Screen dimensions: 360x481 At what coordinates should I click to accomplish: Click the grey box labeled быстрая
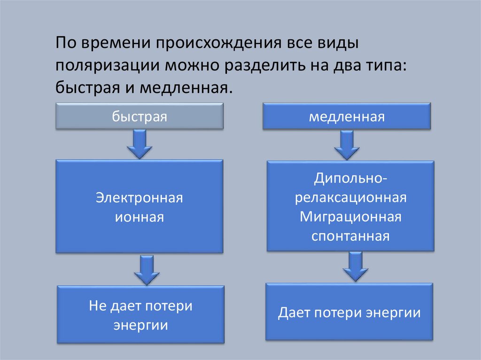[x=140, y=117]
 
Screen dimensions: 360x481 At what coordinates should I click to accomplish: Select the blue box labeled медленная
[x=347, y=117]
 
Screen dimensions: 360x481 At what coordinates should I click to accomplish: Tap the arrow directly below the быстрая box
[x=140, y=144]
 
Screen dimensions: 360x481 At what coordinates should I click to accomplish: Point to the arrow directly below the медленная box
[x=347, y=145]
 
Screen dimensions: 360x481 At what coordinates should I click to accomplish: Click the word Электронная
[x=140, y=198]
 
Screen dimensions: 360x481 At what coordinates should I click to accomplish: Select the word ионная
[x=140, y=217]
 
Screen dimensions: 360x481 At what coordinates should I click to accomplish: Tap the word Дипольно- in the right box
[x=351, y=178]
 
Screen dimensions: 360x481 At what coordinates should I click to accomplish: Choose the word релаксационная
[x=351, y=197]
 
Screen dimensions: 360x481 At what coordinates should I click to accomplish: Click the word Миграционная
[x=351, y=216]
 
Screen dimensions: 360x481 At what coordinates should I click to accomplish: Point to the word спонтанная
[x=351, y=235]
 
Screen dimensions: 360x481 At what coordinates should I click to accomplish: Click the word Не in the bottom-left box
[x=97, y=306]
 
